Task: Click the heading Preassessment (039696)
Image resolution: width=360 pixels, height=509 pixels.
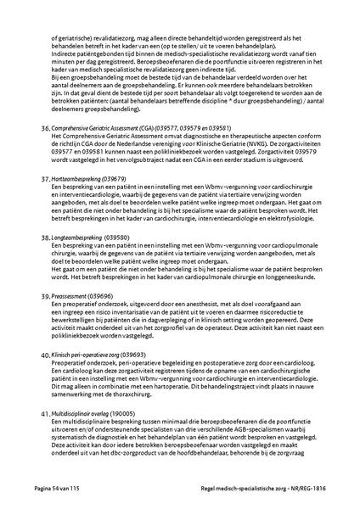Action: pos(82,295)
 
